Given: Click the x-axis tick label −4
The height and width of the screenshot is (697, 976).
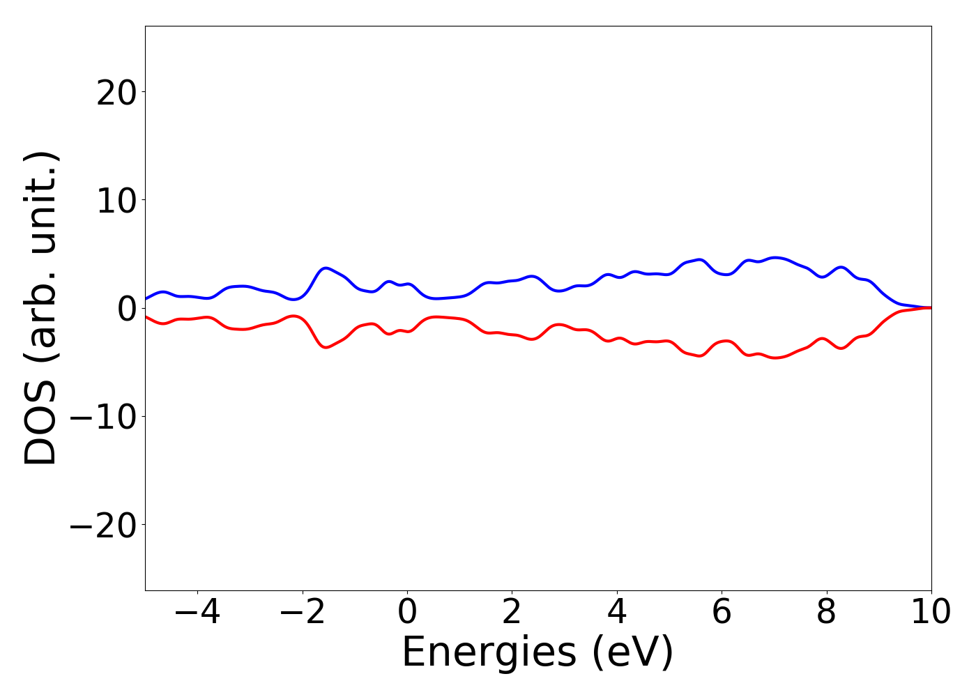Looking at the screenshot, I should [x=198, y=613].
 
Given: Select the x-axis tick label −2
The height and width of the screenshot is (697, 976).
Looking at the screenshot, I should [x=303, y=613].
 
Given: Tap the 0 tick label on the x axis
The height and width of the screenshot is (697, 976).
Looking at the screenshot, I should [x=407, y=613].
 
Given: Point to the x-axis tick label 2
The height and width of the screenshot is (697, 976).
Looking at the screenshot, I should [x=512, y=613].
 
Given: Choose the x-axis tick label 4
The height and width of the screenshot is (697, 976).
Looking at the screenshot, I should [x=617, y=613].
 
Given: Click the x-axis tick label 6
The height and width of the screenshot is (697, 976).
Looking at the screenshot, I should [x=722, y=613].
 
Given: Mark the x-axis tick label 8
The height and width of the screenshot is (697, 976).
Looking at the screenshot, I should [x=826, y=613].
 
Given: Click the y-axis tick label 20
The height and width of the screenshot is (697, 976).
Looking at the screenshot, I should [x=116, y=93].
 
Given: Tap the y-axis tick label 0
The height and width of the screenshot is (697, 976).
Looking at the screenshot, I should [x=126, y=309].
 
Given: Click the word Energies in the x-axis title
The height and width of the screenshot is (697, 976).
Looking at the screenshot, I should [x=489, y=653].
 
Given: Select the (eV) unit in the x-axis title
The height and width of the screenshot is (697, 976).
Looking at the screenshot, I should [x=633, y=653].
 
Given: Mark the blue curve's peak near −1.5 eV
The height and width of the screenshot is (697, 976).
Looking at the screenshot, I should [x=326, y=268].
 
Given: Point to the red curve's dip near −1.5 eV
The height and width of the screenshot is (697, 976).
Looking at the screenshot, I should [x=326, y=347].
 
